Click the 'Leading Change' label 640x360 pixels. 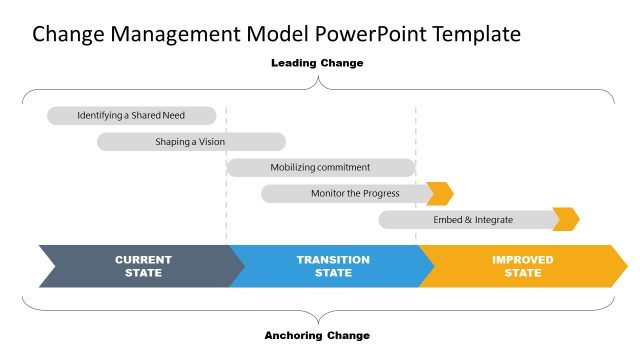(317, 63)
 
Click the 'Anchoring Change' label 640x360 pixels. (317, 335)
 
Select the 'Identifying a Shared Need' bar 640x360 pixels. (131, 116)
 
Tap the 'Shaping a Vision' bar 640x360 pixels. (190, 142)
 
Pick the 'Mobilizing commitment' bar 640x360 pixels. (320, 167)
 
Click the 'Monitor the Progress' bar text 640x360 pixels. (354, 193)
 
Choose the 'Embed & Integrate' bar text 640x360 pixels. (472, 219)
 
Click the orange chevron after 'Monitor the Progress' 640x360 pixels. (440, 193)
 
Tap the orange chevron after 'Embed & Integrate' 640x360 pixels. (566, 219)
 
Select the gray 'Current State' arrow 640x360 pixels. (140, 266)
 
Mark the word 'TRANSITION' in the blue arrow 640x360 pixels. (332, 260)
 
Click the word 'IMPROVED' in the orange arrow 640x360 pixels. (522, 260)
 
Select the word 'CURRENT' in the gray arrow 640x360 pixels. (143, 260)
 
